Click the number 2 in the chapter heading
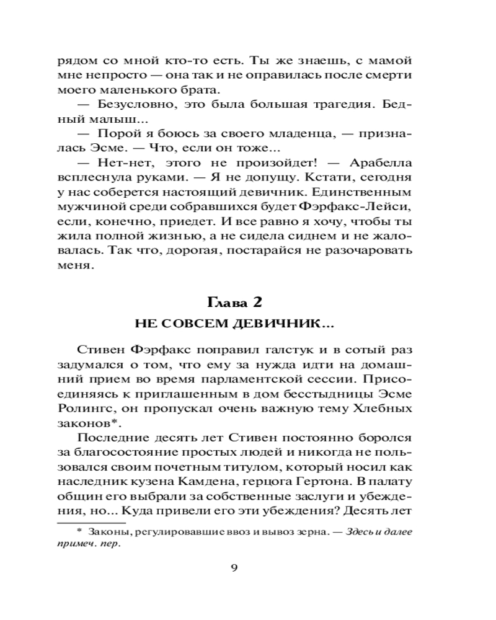(259, 303)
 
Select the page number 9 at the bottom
(234, 570)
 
